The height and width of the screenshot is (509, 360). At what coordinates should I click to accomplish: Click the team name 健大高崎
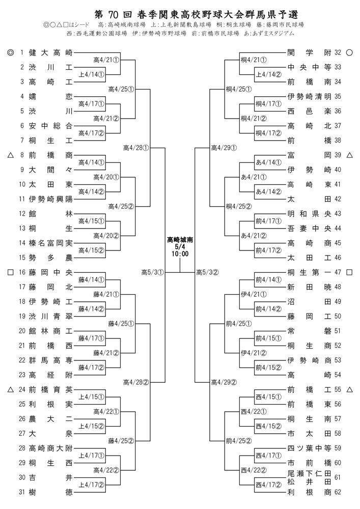click(50, 52)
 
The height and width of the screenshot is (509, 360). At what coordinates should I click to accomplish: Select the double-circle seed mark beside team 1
click(10, 52)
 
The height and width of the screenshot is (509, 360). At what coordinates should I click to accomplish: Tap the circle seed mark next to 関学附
click(349, 52)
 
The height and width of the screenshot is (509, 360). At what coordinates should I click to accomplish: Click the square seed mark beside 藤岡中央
click(10, 272)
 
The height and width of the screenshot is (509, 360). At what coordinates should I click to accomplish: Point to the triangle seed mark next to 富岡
click(349, 155)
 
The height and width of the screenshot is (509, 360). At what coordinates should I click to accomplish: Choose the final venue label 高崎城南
click(180, 240)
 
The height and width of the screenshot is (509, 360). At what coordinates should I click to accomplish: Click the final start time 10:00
click(180, 254)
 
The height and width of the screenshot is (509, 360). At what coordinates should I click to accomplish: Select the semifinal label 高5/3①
click(153, 272)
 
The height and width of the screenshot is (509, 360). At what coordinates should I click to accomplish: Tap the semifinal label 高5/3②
click(207, 272)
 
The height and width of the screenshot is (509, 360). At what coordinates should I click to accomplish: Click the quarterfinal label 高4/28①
click(136, 148)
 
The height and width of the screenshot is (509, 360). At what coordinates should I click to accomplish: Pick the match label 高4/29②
click(224, 382)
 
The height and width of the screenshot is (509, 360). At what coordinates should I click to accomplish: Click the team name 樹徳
click(50, 492)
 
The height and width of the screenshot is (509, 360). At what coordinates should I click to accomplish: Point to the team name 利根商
click(310, 492)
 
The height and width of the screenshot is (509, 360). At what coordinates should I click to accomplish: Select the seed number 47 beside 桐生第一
click(338, 272)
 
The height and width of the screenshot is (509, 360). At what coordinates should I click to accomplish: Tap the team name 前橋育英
click(50, 389)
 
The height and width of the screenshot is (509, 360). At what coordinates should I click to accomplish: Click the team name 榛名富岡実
click(50, 243)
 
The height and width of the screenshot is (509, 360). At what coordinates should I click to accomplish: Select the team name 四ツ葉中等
click(310, 448)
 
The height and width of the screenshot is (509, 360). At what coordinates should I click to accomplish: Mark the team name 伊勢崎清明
click(310, 96)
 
